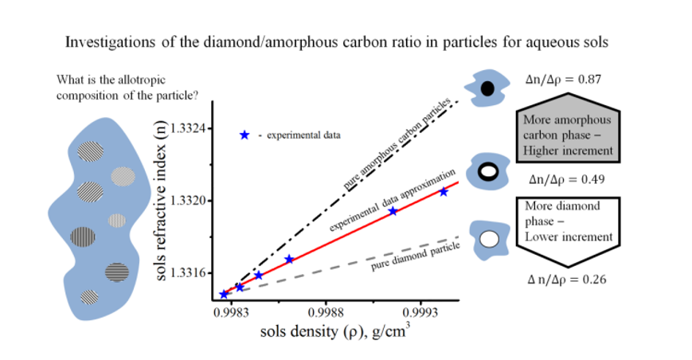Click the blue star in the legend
[x=244, y=135]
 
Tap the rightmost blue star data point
[x=444, y=192]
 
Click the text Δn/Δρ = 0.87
[x=564, y=81]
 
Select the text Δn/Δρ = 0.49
[x=564, y=179]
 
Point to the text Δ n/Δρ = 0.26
[x=564, y=279]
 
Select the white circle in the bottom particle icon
[x=489, y=238]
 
